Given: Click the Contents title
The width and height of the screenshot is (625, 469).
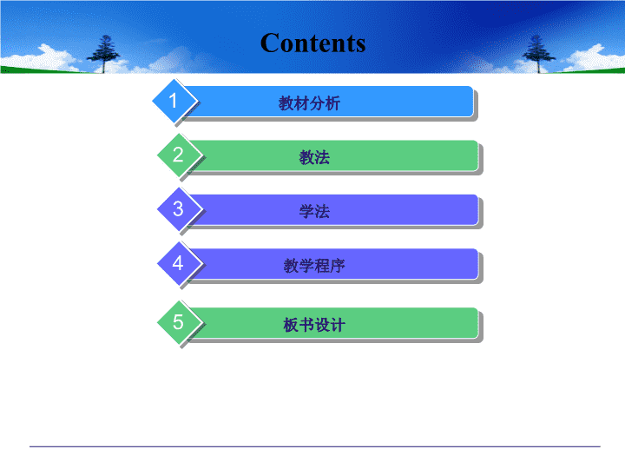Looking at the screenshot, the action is point(312,43).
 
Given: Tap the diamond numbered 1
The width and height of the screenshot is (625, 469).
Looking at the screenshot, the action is point(174,101).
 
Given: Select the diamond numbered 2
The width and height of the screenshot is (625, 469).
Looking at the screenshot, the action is point(179,155).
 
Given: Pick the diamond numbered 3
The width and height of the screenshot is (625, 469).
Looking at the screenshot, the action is point(179,209).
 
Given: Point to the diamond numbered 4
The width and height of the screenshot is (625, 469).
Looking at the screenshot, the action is point(179,263).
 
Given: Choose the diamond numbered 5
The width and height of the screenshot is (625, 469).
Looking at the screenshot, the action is point(179,322).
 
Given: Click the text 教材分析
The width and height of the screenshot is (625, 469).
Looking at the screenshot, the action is point(309,103).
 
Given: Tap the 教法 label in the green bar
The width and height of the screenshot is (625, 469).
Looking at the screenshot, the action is point(314,157).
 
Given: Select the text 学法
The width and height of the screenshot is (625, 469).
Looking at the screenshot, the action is point(314,211).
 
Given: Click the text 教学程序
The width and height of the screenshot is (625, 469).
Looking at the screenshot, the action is point(314,266).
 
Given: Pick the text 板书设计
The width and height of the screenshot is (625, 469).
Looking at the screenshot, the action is point(314,325).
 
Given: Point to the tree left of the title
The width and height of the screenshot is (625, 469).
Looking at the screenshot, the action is point(103,54).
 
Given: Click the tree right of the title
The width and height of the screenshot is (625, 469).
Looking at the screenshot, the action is point(538,54).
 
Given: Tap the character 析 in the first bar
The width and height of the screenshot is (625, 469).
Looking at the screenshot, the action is point(332,103).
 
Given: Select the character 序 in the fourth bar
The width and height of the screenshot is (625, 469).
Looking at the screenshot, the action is point(338,266).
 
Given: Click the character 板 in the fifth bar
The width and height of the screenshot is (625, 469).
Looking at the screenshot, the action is point(291,325).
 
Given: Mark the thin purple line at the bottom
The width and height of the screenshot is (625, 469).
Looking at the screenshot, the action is point(315,446).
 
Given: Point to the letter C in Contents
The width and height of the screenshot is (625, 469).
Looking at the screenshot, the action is point(270,43).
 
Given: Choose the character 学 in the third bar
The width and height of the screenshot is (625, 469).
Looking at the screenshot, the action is point(306,211).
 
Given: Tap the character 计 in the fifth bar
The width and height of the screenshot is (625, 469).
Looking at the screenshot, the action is point(338,325).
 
